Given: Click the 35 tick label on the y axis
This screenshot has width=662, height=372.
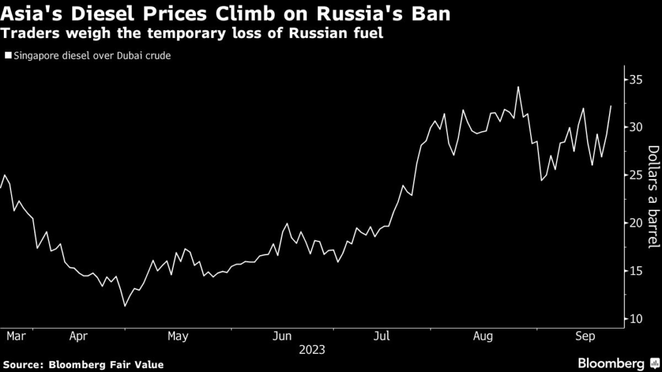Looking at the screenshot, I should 635,79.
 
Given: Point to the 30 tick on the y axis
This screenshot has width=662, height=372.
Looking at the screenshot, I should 635,127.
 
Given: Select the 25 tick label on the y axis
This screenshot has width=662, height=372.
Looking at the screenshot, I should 635,175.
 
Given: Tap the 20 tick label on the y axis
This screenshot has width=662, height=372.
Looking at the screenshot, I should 635,223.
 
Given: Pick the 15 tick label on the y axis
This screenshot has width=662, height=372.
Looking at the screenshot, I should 635,271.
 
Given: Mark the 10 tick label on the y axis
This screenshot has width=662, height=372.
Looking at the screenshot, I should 635,318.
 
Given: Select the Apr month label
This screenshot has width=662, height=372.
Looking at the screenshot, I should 78,336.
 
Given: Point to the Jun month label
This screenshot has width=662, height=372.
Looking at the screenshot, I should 282,336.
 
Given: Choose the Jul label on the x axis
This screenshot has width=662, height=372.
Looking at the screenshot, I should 381,336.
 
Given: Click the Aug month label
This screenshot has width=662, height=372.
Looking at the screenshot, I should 483,336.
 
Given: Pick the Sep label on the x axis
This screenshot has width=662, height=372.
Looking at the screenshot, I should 584,336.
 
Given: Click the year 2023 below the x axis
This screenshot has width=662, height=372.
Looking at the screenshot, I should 312,350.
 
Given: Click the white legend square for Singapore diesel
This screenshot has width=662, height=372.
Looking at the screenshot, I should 7,56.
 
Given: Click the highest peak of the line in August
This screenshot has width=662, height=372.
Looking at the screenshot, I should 518,87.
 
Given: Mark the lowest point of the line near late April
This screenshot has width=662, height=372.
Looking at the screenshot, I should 125,305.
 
